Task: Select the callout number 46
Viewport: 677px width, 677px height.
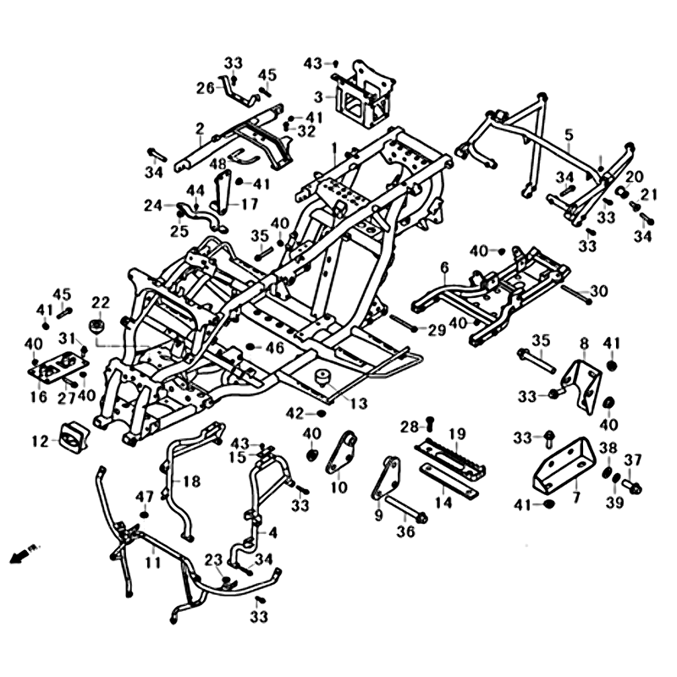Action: click(x=275, y=347)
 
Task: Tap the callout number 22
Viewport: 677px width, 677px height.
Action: click(x=101, y=303)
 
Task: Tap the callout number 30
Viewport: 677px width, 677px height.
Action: click(x=599, y=292)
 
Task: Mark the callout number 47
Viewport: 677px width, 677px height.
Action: click(x=145, y=496)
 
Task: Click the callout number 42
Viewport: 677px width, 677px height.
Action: click(x=294, y=413)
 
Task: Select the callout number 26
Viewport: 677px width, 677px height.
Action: click(x=206, y=88)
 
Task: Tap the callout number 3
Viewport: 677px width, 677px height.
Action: click(x=319, y=96)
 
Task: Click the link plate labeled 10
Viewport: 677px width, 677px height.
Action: click(x=340, y=455)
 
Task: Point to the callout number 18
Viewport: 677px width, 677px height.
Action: click(x=191, y=482)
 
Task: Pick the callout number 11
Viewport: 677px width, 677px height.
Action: click(x=151, y=560)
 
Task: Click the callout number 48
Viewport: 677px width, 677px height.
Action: click(x=218, y=163)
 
